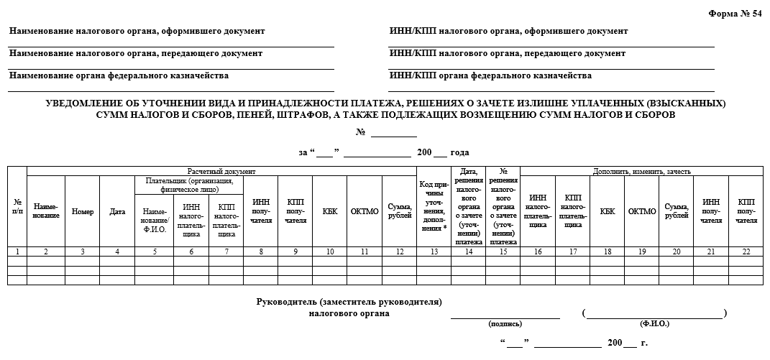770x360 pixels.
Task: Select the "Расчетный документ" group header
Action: (221, 172)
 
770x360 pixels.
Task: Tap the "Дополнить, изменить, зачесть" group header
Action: (641, 172)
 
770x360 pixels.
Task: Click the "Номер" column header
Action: (83, 211)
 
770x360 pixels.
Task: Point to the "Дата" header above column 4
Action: (117, 211)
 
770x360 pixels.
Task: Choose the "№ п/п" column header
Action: (17, 207)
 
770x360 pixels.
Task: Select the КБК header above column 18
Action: (607, 211)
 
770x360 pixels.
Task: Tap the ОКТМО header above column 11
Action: (365, 211)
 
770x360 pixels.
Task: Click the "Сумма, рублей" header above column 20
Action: (676, 211)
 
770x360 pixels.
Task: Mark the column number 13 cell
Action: (434, 251)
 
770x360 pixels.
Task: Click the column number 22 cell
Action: (746, 251)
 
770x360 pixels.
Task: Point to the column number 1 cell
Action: (17, 251)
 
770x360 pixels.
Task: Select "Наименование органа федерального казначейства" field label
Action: (119, 75)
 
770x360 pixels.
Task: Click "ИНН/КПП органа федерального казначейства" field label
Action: (490, 75)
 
